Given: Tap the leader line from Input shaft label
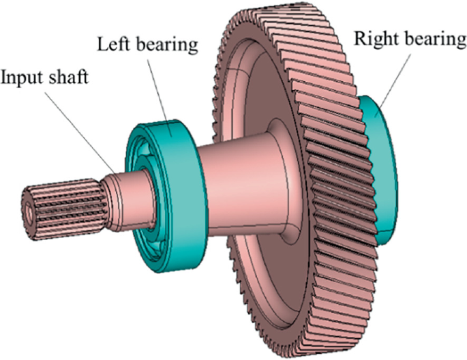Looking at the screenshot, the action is tap(80, 134).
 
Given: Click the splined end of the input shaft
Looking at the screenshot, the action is tap(64, 209).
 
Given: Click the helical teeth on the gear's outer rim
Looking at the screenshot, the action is tap(337, 179).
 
